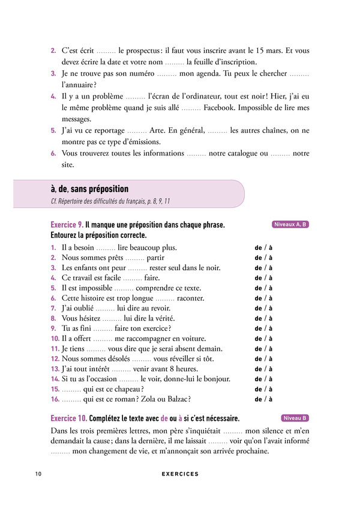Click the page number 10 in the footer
(38, 474)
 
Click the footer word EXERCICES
(180, 474)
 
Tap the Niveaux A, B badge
(290, 225)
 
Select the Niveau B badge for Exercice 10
(295, 418)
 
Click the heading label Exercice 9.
(67, 225)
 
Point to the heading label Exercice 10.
(69, 419)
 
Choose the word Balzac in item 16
(177, 399)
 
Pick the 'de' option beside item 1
(259, 247)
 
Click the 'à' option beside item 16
(270, 399)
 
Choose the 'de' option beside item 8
(259, 318)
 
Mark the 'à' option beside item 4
(270, 278)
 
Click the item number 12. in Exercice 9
(55, 359)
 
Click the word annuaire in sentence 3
(77, 85)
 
